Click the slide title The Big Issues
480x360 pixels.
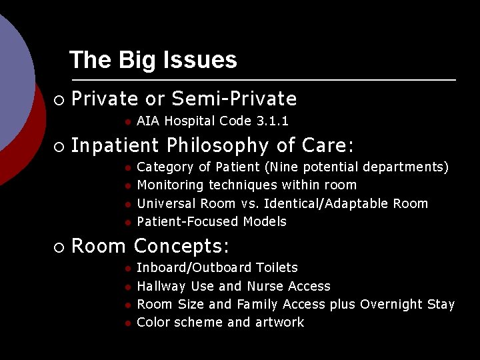click(x=153, y=60)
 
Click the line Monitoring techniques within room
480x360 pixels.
click(x=246, y=185)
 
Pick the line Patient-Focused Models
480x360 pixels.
click(x=211, y=221)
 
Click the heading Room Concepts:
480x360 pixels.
click(x=150, y=247)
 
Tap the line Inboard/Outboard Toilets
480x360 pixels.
click(x=217, y=268)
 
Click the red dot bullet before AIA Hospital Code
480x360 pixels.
click(x=127, y=122)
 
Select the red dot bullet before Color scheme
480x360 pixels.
click(x=127, y=323)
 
